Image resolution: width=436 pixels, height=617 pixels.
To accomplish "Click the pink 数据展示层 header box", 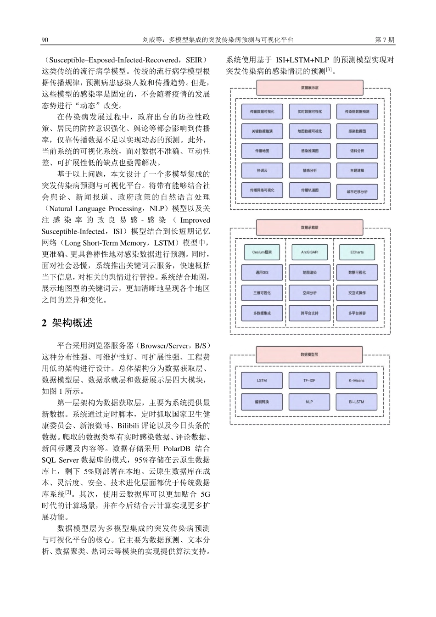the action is (309, 88).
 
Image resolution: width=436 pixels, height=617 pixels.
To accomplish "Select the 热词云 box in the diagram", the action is (262, 170).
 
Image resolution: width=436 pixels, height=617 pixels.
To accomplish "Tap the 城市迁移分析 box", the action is (357, 191).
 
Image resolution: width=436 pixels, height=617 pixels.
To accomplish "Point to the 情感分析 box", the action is (309, 170).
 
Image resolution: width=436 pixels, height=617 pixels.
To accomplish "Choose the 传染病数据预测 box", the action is (357, 112).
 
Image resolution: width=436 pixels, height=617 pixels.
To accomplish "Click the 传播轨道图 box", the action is (309, 190).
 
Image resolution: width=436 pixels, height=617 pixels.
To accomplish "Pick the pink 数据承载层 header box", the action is (309, 227).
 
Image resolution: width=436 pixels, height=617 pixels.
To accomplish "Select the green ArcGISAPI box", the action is (309, 252).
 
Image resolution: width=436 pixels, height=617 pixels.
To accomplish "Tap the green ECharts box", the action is (357, 252).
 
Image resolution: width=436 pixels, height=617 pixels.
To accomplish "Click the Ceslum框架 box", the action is (262, 252).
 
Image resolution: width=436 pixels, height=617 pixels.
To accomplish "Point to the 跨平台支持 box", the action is (309, 313).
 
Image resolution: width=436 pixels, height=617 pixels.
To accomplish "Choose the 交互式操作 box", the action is (357, 293).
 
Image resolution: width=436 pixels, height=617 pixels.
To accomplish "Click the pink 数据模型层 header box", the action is (309, 354).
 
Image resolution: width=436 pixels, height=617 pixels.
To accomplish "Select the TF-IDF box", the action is (309, 381).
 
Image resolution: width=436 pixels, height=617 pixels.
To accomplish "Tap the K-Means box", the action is (357, 381).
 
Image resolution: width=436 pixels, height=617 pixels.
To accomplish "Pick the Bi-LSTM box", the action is (357, 402).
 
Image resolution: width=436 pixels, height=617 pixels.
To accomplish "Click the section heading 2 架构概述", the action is (67, 323).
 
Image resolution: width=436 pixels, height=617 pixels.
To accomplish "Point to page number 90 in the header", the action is (45, 40).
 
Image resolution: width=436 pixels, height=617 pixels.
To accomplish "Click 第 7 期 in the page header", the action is (385, 40).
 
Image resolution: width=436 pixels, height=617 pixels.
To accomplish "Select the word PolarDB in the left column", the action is (177, 449).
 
